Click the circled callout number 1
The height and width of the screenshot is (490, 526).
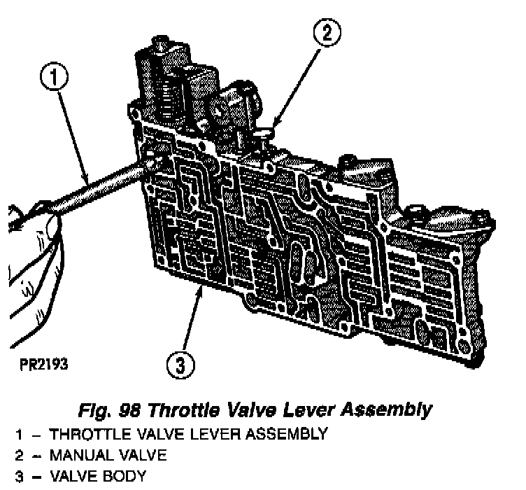[x=54, y=77]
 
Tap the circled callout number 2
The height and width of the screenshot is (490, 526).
[x=327, y=33]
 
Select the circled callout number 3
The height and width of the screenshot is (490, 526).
[x=180, y=365]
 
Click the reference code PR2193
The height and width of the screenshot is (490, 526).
[x=44, y=364]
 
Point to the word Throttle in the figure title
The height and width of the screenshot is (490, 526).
[x=183, y=410]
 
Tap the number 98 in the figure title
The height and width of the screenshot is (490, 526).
[x=129, y=410]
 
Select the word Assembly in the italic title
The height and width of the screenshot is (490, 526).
[x=386, y=410]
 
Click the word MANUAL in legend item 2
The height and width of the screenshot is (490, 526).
[x=81, y=456]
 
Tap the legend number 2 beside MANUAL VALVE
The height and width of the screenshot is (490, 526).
[x=19, y=456]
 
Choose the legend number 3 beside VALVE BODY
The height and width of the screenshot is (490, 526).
[x=19, y=477]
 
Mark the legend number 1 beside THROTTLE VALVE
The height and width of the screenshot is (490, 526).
[x=19, y=434]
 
